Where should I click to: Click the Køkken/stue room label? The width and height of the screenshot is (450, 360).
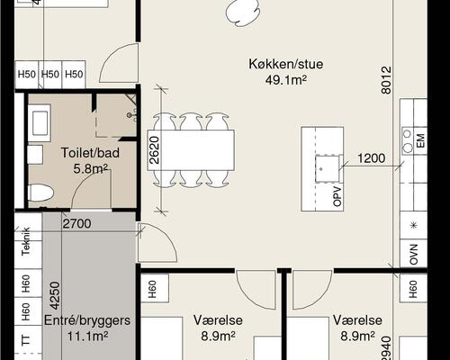click(285, 64)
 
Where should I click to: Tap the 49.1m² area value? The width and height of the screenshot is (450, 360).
click(286, 80)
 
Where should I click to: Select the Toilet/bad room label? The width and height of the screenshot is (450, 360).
click(90, 153)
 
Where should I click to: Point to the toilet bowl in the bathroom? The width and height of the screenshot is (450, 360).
click(40, 193)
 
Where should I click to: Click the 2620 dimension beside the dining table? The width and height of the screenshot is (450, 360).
click(154, 150)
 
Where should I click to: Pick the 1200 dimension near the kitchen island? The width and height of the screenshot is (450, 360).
click(372, 158)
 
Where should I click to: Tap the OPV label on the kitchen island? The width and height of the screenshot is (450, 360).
click(337, 196)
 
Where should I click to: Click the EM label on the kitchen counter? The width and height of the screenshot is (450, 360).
click(420, 140)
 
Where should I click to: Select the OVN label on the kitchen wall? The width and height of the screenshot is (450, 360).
click(414, 255)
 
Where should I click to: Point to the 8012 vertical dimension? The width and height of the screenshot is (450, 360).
click(387, 80)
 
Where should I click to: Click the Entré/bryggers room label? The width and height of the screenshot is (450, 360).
click(87, 320)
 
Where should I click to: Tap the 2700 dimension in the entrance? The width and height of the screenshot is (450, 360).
click(76, 223)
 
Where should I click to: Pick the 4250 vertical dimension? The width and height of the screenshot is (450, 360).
click(55, 295)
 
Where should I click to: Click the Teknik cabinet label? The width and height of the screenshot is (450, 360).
click(26, 241)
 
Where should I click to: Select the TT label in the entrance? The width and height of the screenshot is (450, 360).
click(26, 340)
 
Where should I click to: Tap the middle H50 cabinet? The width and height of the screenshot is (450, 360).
click(50, 74)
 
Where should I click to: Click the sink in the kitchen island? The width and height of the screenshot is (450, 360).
click(327, 168)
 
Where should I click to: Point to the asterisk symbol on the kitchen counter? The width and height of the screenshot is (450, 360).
click(414, 225)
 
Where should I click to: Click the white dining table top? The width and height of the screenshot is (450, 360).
click(191, 150)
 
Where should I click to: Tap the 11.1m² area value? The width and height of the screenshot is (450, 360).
click(87, 336)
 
